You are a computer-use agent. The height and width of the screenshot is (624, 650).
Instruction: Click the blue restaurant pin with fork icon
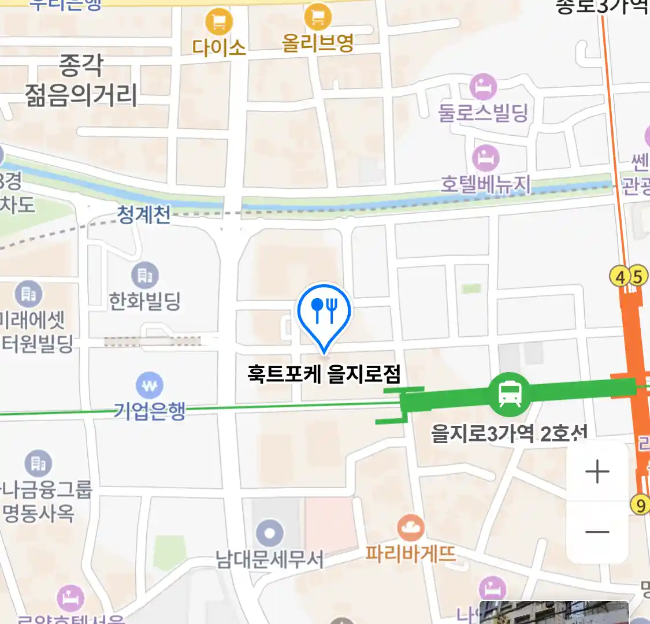coord(324,312)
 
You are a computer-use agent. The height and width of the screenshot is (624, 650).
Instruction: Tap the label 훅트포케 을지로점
coord(324,374)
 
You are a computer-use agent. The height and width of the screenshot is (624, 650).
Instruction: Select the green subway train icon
coord(509,395)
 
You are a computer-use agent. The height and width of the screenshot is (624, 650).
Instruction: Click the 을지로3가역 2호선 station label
coord(508,433)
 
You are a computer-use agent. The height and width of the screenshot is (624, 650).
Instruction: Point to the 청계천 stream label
coord(144,215)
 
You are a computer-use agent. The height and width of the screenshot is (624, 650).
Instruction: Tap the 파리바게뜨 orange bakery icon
coord(410,528)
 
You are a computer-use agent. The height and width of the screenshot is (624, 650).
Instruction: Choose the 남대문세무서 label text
coord(269,559)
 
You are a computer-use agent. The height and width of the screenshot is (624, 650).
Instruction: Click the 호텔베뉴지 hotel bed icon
coord(485,158)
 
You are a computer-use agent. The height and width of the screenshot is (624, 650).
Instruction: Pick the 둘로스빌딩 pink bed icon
coord(483,88)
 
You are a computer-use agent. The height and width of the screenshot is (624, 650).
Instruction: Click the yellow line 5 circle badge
coord(637,276)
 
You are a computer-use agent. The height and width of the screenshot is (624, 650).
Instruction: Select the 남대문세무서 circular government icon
coord(269,533)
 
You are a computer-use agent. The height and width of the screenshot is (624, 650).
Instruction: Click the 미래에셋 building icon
coord(28,294)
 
